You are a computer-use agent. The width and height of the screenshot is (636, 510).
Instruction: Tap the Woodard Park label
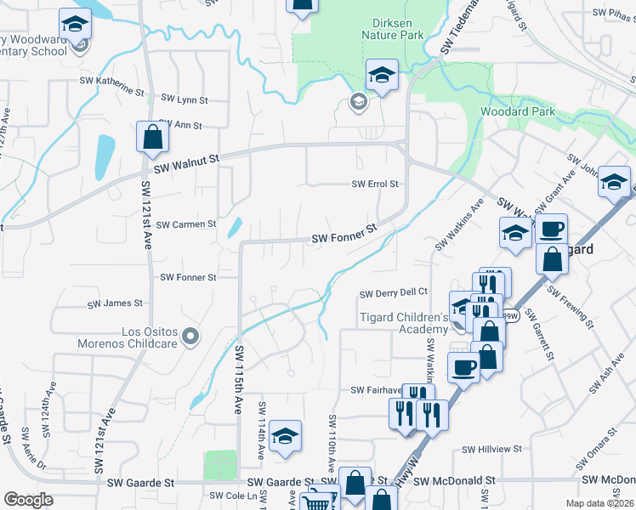[517, 111]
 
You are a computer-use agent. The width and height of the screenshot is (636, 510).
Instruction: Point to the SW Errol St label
[375, 184]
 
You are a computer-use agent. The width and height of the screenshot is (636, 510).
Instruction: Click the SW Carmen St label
[187, 224]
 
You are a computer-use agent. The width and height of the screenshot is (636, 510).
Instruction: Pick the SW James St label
[116, 303]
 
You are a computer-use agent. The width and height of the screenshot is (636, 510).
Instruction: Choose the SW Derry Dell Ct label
[392, 293]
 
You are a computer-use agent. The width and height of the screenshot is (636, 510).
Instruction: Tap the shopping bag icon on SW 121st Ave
[151, 137]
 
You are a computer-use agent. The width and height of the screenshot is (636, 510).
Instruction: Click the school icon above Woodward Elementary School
[76, 24]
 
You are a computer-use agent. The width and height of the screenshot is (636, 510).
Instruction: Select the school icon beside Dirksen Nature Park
[382, 75]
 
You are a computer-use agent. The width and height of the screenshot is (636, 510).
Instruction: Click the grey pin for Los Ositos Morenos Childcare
[190, 337]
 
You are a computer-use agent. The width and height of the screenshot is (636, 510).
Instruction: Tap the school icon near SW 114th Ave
[287, 435]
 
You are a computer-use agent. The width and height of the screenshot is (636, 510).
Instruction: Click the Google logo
[29, 500]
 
